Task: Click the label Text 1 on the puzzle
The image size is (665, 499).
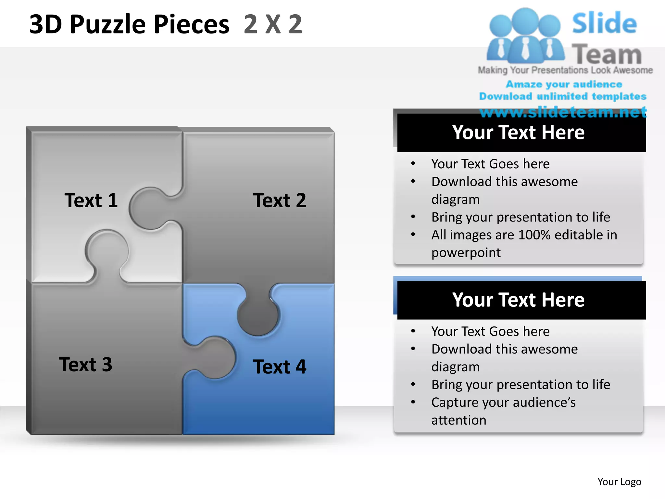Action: (91, 200)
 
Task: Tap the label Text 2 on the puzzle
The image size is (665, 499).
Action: (279, 200)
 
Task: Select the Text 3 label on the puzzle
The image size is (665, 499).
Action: (85, 364)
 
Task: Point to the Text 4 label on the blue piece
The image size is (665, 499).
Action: (279, 367)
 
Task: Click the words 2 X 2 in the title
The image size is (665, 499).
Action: (273, 24)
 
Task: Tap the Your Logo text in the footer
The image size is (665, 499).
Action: (619, 481)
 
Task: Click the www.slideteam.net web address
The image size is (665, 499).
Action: (563, 112)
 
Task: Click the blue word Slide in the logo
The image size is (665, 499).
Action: (604, 23)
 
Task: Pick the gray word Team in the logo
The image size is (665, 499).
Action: (607, 54)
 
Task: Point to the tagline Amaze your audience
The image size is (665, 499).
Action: (564, 84)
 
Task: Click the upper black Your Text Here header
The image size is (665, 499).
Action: (518, 132)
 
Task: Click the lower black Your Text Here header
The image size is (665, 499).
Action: (518, 300)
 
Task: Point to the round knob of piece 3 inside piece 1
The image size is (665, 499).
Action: (107, 250)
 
